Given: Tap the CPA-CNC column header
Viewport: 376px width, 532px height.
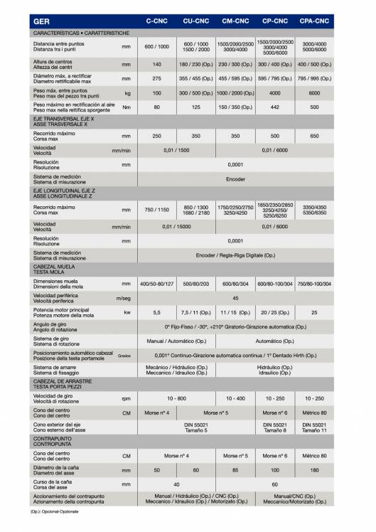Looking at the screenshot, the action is pos(314,22).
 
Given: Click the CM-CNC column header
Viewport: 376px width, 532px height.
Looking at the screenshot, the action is pos(235,22).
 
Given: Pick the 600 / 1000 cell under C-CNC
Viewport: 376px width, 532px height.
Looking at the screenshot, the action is pos(156,46).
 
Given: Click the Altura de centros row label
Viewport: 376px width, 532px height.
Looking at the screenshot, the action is pos(53,64).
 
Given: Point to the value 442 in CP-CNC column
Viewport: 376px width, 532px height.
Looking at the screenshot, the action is pos(274,107).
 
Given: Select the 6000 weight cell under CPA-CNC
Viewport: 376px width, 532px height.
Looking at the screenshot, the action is pos(314,93).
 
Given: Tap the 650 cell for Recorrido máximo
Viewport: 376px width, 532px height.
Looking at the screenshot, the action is pos(314,136).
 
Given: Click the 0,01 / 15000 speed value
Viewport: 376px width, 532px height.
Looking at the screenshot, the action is pos(176,226).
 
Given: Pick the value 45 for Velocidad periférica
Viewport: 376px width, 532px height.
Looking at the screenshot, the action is pos(235,299).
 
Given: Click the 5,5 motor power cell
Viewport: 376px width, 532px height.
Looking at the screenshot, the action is pos(156,312).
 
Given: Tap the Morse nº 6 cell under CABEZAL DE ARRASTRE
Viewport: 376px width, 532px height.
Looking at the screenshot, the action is pos(274,413).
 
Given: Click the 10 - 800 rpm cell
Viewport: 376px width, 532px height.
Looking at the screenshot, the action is pos(176,398).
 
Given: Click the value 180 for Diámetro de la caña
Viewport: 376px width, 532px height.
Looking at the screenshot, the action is pos(314,470).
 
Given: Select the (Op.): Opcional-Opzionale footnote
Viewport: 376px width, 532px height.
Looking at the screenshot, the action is pos(54,511).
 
